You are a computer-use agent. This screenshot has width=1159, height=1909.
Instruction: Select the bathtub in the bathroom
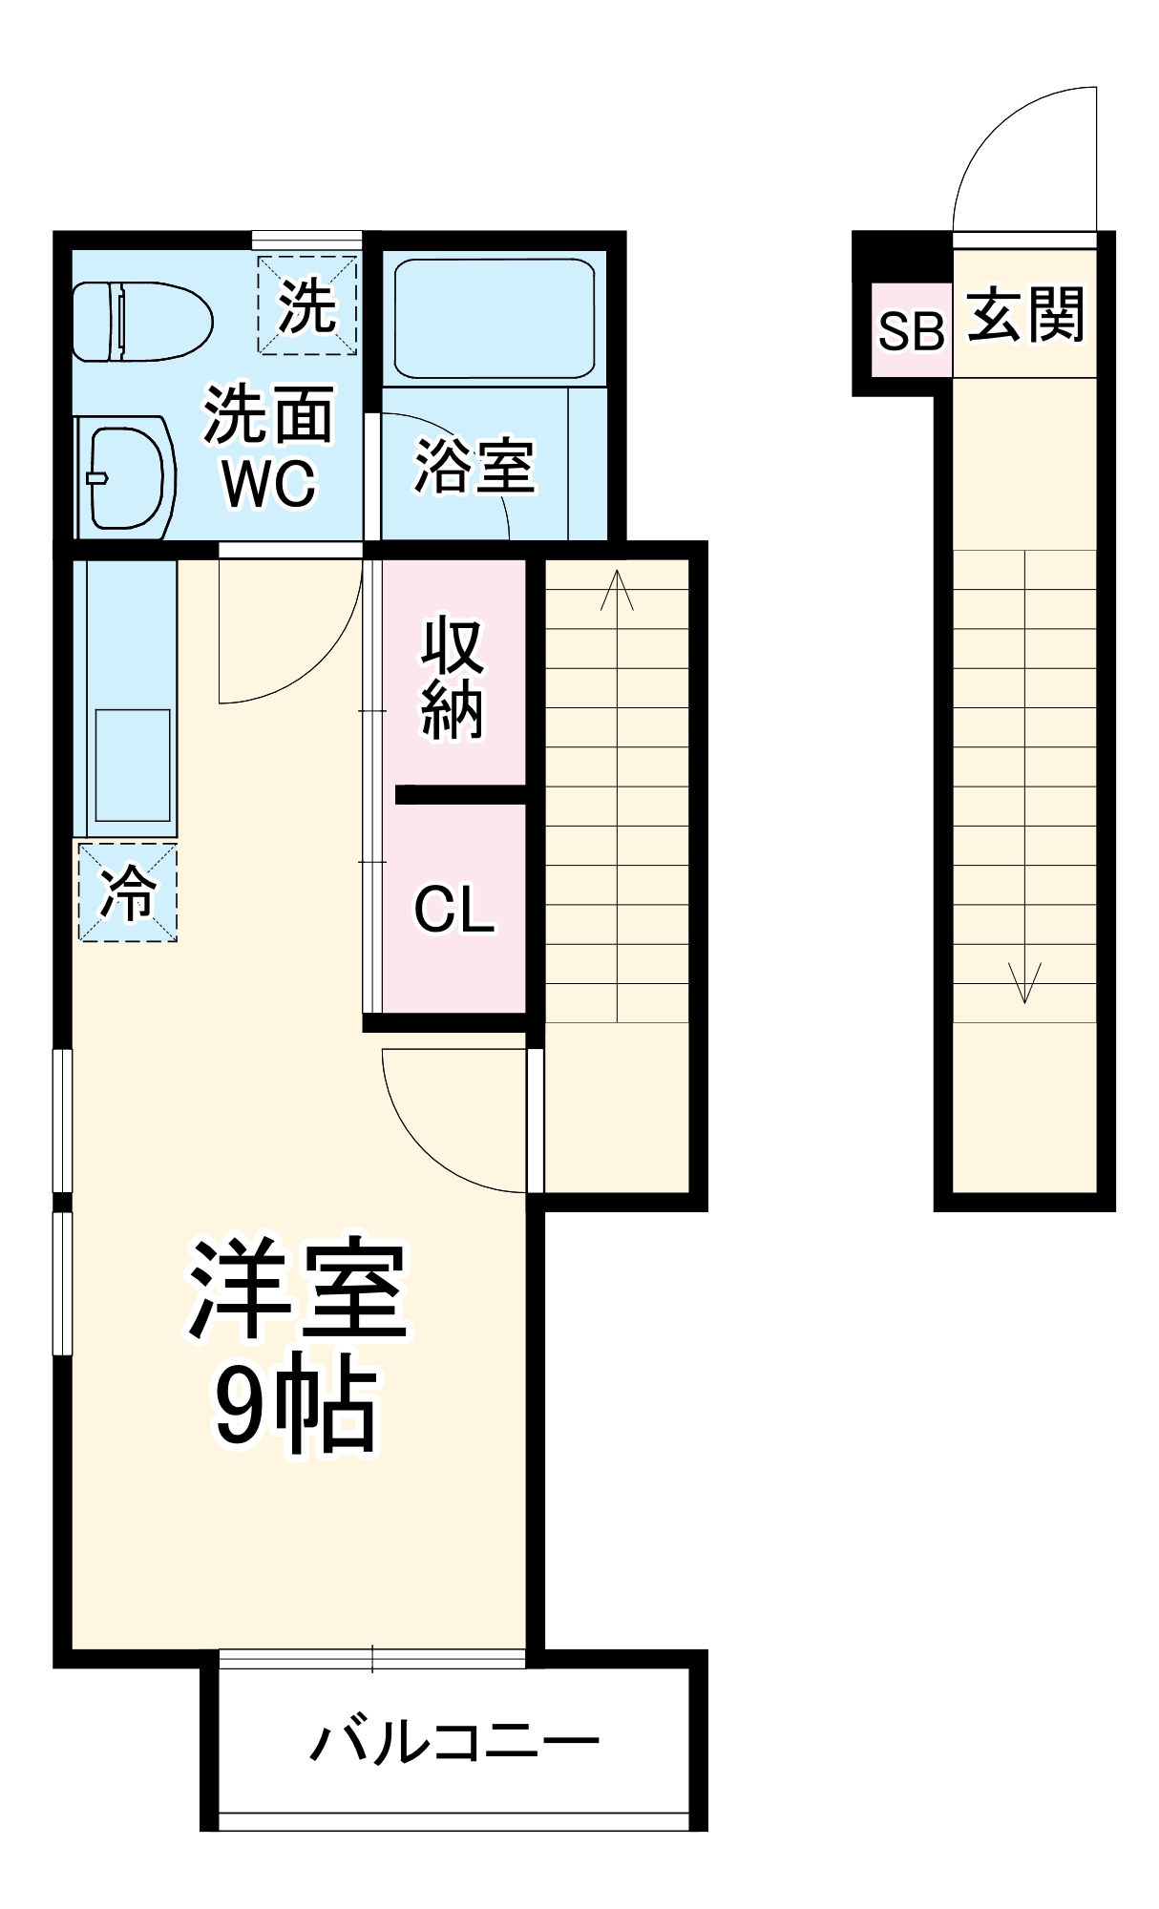[494, 319]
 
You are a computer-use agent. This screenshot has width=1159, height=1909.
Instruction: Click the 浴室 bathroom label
[474, 467]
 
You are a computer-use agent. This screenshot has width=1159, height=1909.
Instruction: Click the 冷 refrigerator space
[128, 892]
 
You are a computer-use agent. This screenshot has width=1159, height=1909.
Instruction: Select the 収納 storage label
[453, 678]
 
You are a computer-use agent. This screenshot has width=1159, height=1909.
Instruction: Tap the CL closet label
[454, 910]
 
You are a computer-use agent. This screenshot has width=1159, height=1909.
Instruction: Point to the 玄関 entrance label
[1026, 315]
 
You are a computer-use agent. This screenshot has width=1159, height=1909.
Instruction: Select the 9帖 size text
[296, 1403]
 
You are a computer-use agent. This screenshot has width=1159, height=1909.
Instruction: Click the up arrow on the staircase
[618, 590]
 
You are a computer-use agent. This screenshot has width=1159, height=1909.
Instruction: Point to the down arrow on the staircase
[1024, 983]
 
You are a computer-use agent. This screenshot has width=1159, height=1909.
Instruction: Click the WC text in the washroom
[269, 483]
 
